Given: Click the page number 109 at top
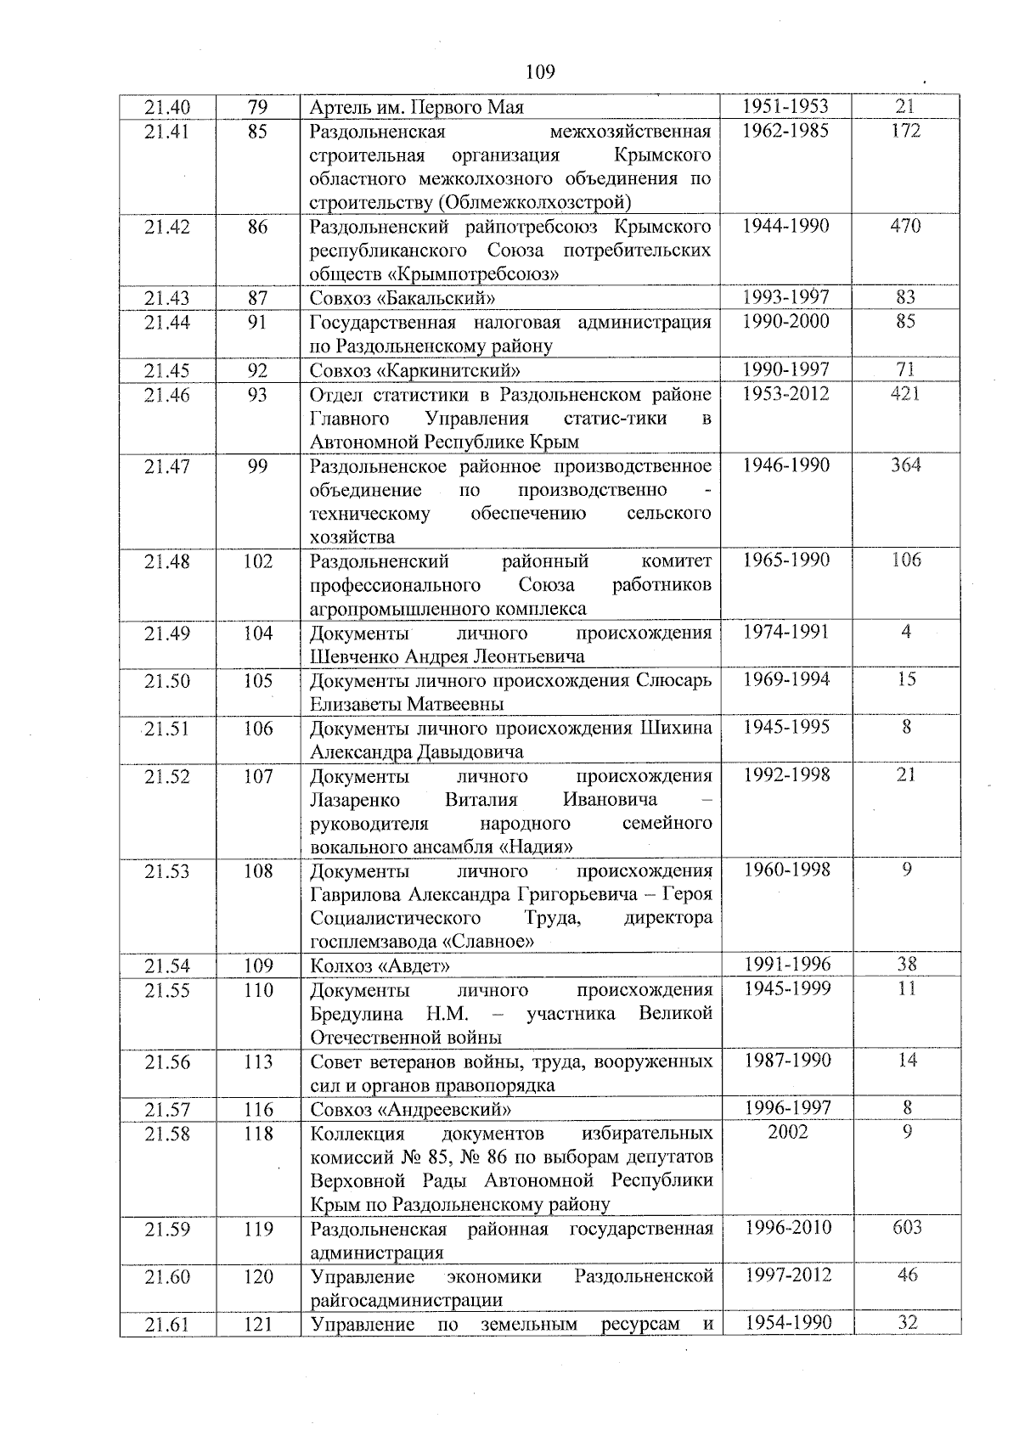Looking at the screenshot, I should (x=540, y=72).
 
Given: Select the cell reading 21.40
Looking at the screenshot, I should (x=167, y=107).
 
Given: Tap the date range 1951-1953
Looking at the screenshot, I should (x=785, y=107).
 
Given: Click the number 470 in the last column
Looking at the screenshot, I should (x=905, y=226).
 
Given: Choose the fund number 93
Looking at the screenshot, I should (x=257, y=394).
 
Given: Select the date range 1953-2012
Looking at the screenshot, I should (x=785, y=394).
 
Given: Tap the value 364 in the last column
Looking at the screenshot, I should (x=906, y=465).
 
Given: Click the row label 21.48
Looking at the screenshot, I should (x=167, y=561).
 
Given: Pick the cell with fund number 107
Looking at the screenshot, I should (x=258, y=776).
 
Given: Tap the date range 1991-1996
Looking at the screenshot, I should (x=786, y=965).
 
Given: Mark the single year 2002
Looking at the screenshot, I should (x=787, y=1132).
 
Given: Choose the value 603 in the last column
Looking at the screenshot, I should (x=907, y=1227).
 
